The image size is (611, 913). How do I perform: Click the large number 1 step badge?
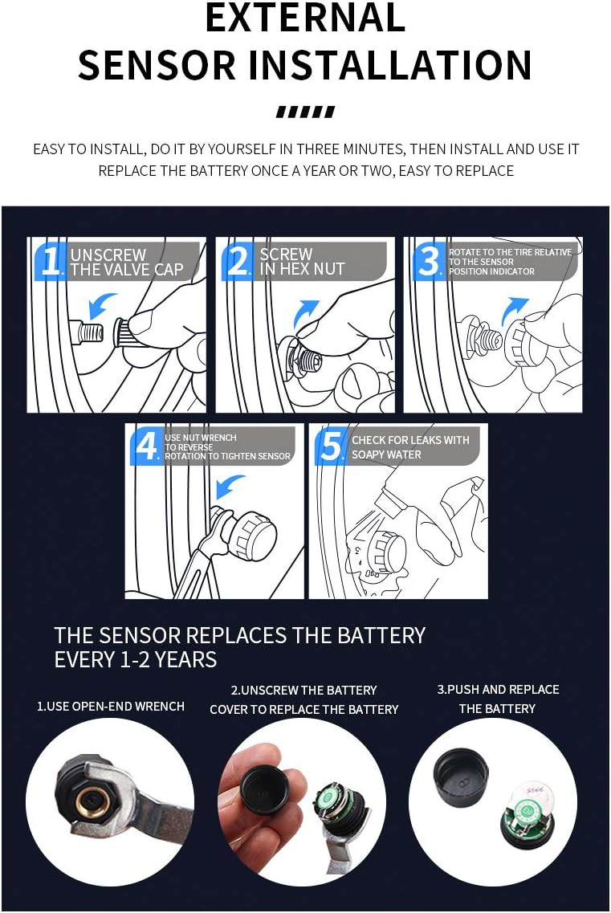tap(51, 260)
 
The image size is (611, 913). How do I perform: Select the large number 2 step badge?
tap(238, 260)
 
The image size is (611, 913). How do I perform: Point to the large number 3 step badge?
tap(430, 260)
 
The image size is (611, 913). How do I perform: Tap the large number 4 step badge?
tap(145, 446)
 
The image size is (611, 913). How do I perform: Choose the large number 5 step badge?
tap(332, 446)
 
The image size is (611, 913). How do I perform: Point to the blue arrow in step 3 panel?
tap(515, 310)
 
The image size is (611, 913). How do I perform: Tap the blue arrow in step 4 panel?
tap(230, 486)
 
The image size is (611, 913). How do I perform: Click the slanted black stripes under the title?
tap(305, 112)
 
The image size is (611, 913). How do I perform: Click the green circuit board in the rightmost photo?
tap(527, 813)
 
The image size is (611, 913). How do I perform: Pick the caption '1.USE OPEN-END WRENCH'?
tap(111, 707)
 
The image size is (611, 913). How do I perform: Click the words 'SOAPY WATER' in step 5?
tap(386, 454)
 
